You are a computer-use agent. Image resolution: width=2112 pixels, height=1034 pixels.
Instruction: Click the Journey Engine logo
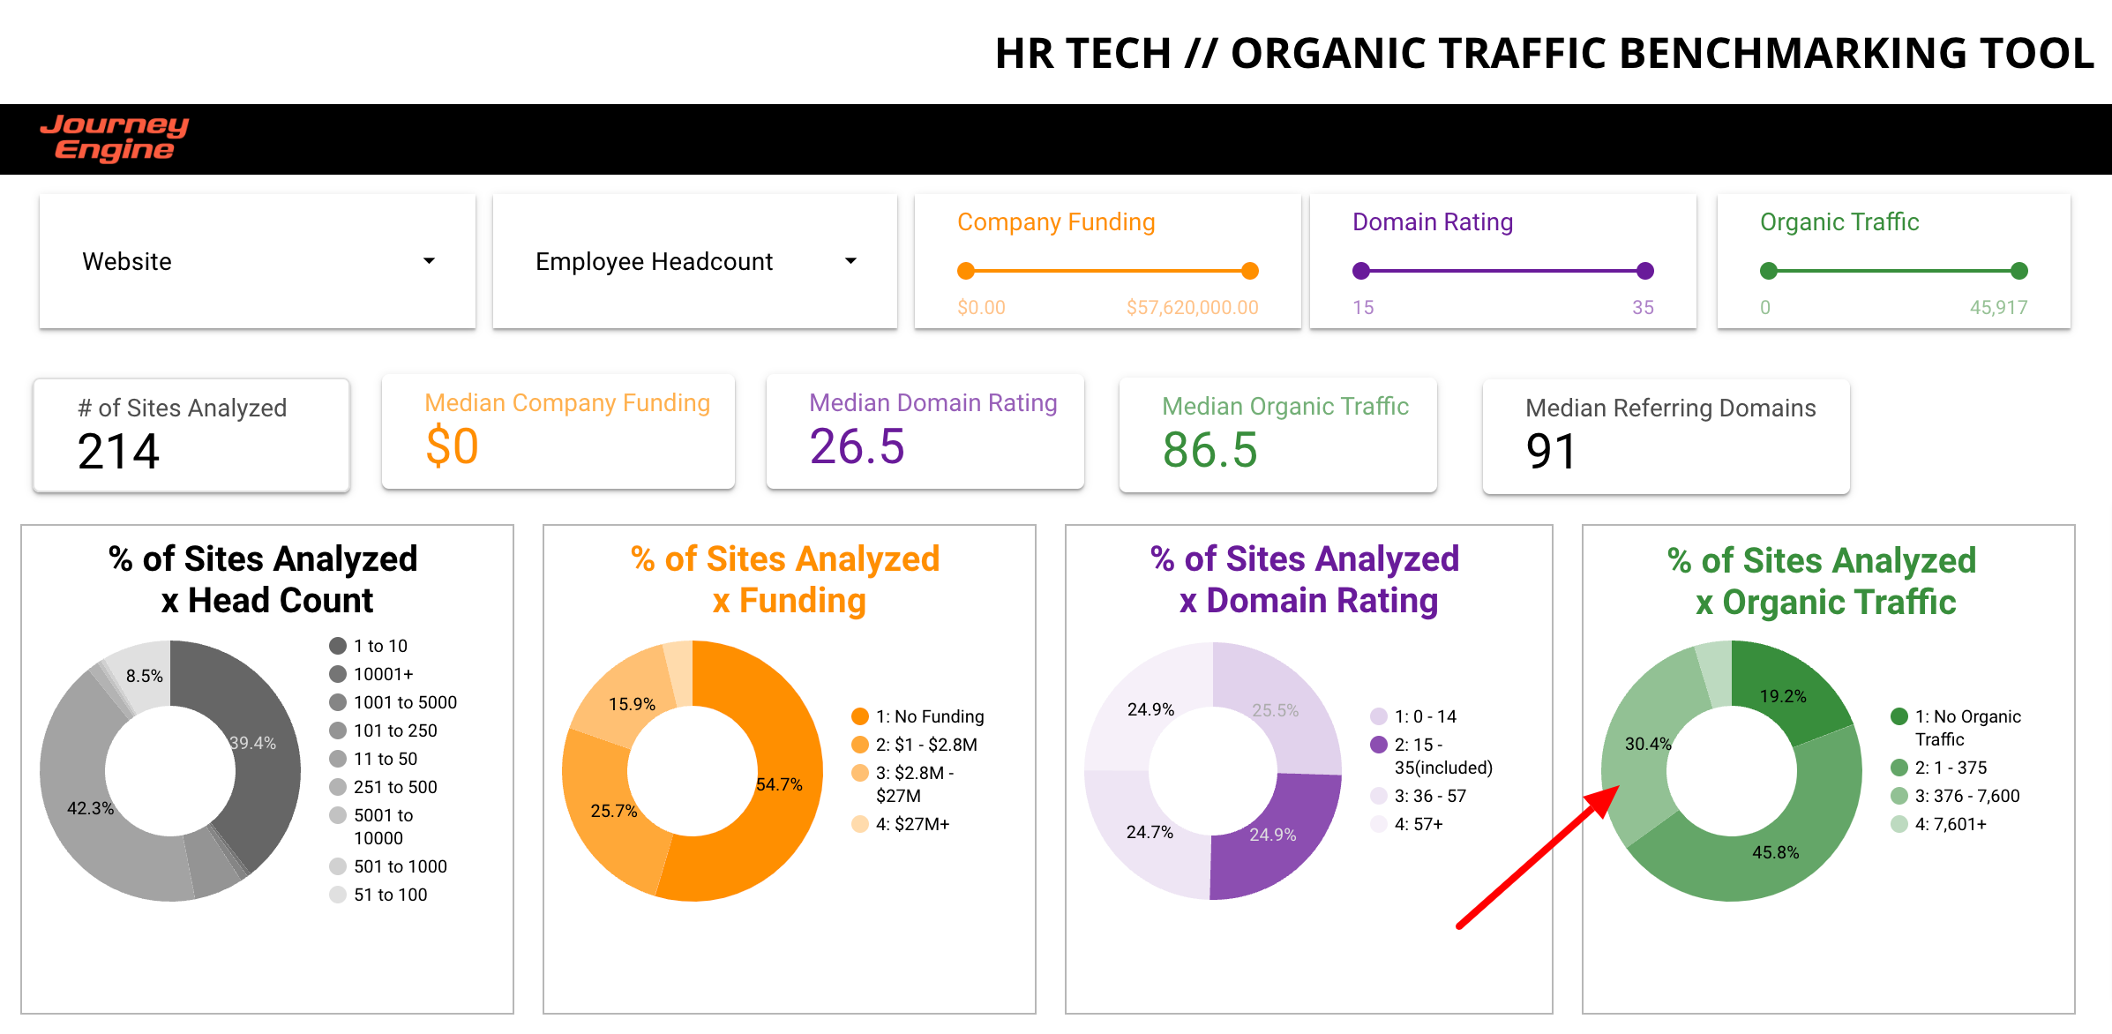[x=115, y=139]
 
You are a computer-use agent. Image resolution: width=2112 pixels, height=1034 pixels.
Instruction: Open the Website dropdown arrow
[x=429, y=261]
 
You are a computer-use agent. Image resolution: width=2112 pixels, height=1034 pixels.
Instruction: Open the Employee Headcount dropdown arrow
[x=850, y=261]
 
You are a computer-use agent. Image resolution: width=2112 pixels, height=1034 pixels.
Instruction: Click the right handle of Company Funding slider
[x=1249, y=271]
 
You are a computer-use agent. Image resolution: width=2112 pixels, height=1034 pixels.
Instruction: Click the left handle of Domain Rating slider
[x=1361, y=271]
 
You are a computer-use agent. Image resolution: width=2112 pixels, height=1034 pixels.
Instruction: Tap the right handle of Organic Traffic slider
[x=2018, y=271]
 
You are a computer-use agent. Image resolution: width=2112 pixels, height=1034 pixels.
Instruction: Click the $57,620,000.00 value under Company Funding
[x=1192, y=308]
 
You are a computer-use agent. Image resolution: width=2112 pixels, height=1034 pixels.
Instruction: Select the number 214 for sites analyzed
[x=118, y=452]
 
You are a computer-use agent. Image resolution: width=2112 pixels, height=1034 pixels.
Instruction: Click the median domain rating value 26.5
[x=857, y=446]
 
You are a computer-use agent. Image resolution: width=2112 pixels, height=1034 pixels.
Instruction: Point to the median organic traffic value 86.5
[x=1210, y=450]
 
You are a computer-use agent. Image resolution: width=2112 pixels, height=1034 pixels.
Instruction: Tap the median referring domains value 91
[x=1550, y=452]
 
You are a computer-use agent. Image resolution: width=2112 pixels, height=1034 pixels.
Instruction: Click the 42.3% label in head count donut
[x=91, y=808]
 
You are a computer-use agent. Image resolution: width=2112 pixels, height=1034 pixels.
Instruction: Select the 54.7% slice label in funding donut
[x=779, y=784]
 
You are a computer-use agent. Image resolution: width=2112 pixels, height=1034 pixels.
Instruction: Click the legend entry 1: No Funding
[x=929, y=716]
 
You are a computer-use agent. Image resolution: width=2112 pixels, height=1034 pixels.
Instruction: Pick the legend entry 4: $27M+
[x=911, y=824]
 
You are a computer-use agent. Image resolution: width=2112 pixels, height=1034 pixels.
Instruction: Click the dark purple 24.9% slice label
[x=1272, y=835]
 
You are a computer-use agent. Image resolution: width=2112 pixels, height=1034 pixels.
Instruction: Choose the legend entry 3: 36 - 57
[x=1429, y=796]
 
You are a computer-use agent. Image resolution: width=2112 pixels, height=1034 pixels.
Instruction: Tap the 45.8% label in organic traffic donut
[x=1775, y=852]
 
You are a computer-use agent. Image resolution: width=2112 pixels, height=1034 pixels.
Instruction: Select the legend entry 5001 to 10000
[x=382, y=827]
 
